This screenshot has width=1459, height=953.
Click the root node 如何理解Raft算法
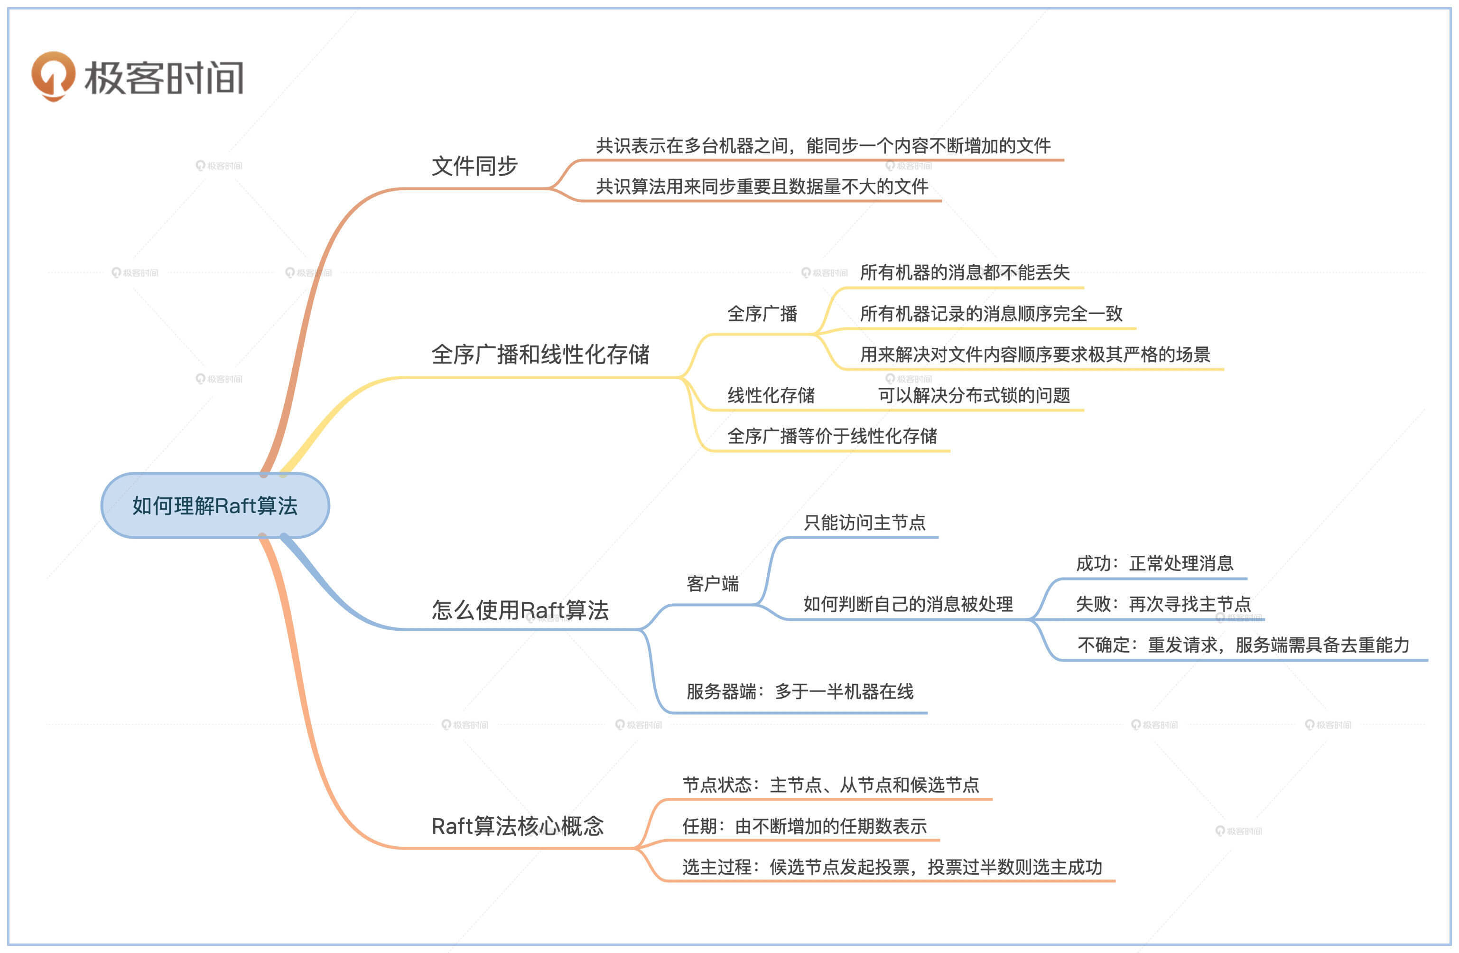point(214,506)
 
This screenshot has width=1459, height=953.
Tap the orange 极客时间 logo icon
point(53,75)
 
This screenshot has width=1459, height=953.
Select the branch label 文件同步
point(474,166)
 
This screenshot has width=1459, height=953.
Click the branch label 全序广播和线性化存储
point(540,355)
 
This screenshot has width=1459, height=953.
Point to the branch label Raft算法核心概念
point(517,826)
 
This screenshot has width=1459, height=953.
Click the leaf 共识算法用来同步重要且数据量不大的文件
point(762,187)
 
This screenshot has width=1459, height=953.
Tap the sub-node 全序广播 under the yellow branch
point(762,314)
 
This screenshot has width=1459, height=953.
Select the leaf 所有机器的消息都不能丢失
point(964,273)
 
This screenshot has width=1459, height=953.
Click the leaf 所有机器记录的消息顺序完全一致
point(991,314)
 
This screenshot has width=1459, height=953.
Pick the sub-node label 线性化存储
point(771,395)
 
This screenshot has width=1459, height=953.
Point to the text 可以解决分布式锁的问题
point(974,395)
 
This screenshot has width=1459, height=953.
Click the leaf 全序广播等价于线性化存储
point(832,436)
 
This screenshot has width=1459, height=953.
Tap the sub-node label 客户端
point(712,584)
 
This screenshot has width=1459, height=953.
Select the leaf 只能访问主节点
point(864,523)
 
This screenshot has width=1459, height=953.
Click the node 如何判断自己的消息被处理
point(907,605)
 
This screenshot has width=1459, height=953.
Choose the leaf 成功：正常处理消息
point(1154,563)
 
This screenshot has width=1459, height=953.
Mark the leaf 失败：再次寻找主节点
point(1163,605)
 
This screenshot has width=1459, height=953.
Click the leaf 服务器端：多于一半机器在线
point(799,692)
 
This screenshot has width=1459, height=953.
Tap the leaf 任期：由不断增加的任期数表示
point(804,827)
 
